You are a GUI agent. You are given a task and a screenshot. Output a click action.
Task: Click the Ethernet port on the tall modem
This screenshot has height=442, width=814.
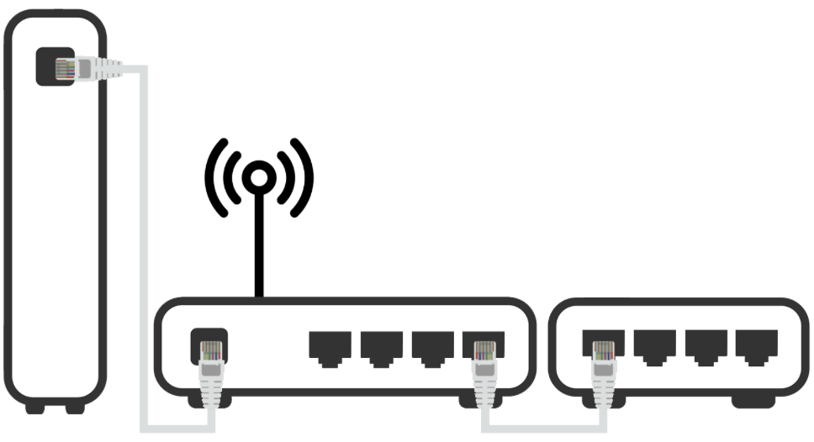pyautogui.click(x=52, y=66)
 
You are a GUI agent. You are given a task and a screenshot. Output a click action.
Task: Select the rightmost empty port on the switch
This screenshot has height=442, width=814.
pyautogui.click(x=757, y=345)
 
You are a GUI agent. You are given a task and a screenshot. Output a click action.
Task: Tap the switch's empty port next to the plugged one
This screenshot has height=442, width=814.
pyautogui.click(x=654, y=345)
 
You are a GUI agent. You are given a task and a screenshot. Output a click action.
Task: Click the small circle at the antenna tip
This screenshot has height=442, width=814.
pyautogui.click(x=260, y=176)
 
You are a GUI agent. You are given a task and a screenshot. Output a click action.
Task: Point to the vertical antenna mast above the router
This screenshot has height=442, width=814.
pyautogui.click(x=260, y=244)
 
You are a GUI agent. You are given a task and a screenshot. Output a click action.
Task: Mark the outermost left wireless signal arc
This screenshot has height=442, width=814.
pyautogui.click(x=214, y=177)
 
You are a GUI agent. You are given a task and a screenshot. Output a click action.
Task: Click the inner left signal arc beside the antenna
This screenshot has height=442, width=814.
pyautogui.click(x=235, y=177)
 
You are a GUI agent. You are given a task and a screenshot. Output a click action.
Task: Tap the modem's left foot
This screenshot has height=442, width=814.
pyautogui.click(x=34, y=408)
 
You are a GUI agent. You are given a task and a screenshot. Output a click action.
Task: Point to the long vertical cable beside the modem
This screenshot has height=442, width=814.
pyautogui.click(x=143, y=252)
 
